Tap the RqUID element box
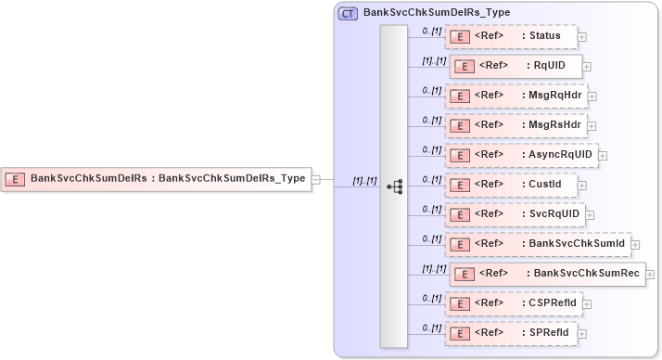tap(516, 66)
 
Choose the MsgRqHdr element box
tap(515, 96)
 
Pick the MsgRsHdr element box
tap(515, 125)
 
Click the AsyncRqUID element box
tap(520, 155)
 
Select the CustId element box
tap(510, 185)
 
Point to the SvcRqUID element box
tap(515, 214)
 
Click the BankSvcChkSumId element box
tap(537, 244)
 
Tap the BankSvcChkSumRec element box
tap(547, 274)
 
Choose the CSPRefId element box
tap(513, 303)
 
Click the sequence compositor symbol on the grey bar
tap(394, 186)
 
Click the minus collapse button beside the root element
tap(316, 179)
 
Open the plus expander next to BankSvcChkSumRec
tap(650, 275)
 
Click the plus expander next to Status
tap(581, 37)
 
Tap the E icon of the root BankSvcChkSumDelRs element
tap(15, 178)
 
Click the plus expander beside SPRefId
tap(581, 333)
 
